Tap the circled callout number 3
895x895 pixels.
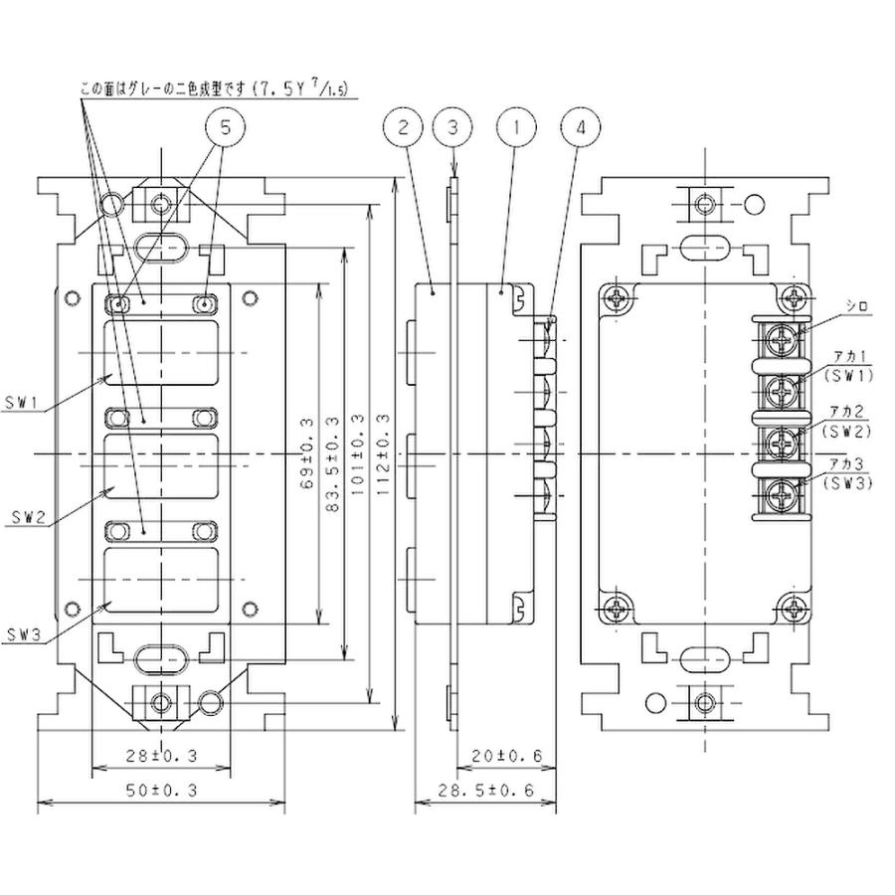point(453,128)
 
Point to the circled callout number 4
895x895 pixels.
point(581,128)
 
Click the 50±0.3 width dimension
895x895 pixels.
point(163,790)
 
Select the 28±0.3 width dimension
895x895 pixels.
point(163,756)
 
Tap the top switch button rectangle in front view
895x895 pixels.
point(162,352)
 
